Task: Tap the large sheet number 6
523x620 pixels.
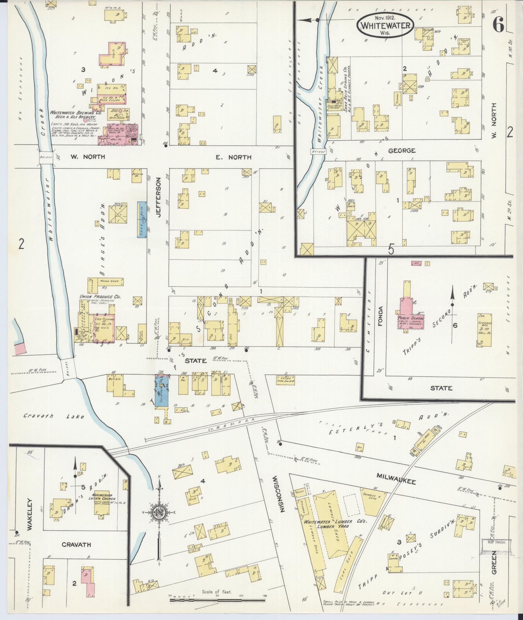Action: tap(498, 24)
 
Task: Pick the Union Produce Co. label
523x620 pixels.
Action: tap(96, 296)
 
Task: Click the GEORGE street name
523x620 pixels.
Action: tap(402, 151)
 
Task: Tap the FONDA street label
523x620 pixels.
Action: tap(380, 316)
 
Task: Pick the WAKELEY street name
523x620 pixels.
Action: tap(30, 519)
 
